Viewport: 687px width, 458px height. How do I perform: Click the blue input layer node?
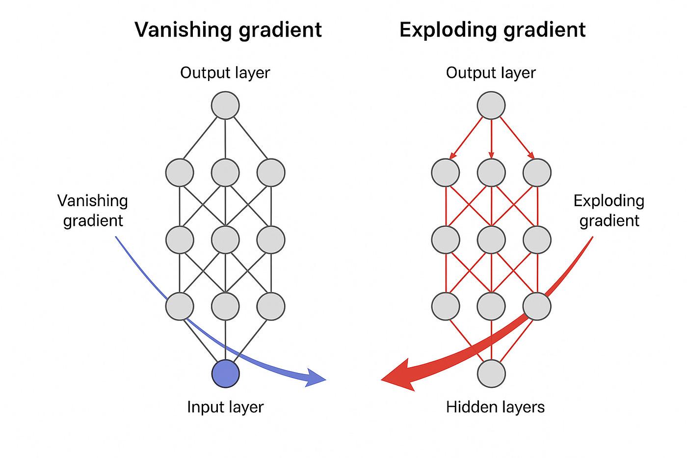click(225, 374)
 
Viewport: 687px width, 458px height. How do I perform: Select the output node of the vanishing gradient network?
click(225, 106)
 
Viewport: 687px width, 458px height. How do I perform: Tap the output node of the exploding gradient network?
click(491, 106)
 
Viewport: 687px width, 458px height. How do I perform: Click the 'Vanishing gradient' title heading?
click(228, 30)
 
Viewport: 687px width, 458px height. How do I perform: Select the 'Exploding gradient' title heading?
click(492, 30)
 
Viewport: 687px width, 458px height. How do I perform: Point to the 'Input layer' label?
click(225, 407)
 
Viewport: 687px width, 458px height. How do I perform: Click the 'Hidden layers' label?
click(495, 407)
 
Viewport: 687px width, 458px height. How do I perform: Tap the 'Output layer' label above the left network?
click(225, 73)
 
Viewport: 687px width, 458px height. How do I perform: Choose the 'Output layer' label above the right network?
click(491, 73)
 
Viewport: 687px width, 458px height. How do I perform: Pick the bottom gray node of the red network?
click(491, 374)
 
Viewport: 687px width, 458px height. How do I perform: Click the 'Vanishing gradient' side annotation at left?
click(93, 210)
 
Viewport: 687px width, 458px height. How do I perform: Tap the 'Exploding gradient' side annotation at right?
click(609, 210)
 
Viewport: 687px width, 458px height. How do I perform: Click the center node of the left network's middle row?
click(225, 240)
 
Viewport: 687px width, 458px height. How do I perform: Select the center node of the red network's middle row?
click(491, 240)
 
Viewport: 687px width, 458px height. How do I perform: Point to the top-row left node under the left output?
click(180, 172)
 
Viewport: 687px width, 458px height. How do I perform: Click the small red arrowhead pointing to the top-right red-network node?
click(531, 155)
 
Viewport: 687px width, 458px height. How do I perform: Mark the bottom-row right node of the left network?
click(271, 306)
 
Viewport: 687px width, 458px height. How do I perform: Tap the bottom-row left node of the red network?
click(446, 306)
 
